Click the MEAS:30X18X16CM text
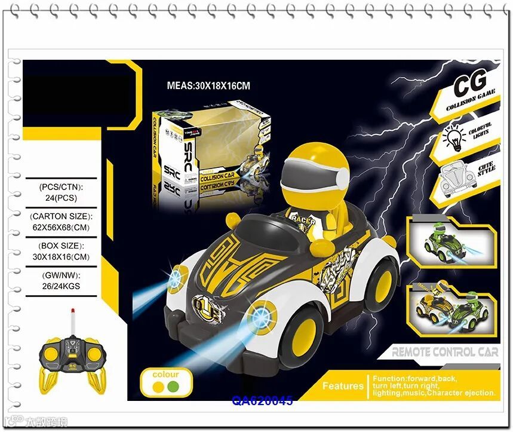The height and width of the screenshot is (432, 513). [x=208, y=86]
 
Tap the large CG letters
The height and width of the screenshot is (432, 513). [x=471, y=85]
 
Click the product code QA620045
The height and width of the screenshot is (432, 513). [x=262, y=401]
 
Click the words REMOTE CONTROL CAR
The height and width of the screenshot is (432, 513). [x=444, y=352]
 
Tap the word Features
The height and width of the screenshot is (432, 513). [x=343, y=386]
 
